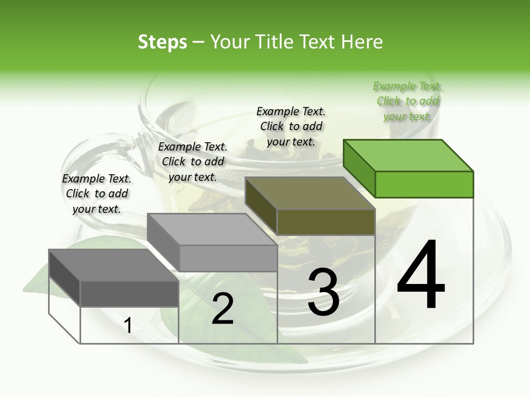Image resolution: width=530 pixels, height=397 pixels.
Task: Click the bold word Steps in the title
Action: pyautogui.click(x=162, y=42)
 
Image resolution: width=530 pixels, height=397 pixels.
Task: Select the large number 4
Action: pyautogui.click(x=421, y=276)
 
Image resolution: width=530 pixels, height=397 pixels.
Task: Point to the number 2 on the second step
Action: pyautogui.click(x=222, y=309)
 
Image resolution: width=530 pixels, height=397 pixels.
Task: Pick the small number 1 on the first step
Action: pyautogui.click(x=128, y=326)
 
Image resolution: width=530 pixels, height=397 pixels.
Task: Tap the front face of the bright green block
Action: pyautogui.click(x=424, y=184)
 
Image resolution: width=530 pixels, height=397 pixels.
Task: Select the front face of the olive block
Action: pyautogui.click(x=326, y=222)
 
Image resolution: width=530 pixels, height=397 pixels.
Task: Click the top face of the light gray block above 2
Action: pyautogui.click(x=212, y=229)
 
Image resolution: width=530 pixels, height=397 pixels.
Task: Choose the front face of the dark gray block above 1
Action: pyautogui.click(x=129, y=293)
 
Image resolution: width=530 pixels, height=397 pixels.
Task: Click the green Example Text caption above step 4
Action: pyautogui.click(x=407, y=101)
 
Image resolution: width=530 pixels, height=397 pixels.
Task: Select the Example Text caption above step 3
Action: pyautogui.click(x=291, y=126)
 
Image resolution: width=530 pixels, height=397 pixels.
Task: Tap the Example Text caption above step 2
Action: pyautogui.click(x=193, y=162)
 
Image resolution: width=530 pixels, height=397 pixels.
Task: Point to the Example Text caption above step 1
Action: pyautogui.click(x=97, y=194)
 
